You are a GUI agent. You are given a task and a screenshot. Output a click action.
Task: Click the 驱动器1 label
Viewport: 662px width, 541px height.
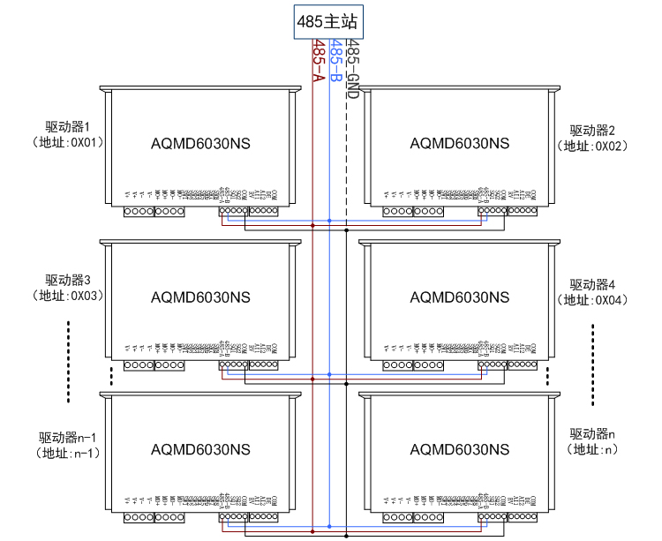69,126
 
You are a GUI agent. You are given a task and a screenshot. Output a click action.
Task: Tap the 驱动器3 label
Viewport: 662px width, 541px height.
69,281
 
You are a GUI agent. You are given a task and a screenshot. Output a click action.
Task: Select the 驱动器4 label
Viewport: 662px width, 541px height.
591,284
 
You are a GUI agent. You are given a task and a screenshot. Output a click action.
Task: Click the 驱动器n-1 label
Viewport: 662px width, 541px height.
69,438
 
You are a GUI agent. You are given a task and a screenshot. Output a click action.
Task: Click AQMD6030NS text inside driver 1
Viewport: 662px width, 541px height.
200,143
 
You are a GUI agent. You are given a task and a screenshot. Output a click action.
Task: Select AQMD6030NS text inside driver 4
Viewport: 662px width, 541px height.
460,297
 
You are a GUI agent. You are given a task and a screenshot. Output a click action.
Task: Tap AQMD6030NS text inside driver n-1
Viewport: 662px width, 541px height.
200,449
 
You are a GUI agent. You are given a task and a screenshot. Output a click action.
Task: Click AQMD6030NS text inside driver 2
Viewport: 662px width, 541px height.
460,143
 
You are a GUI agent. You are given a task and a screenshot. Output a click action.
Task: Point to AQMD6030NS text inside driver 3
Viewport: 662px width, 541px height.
200,297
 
